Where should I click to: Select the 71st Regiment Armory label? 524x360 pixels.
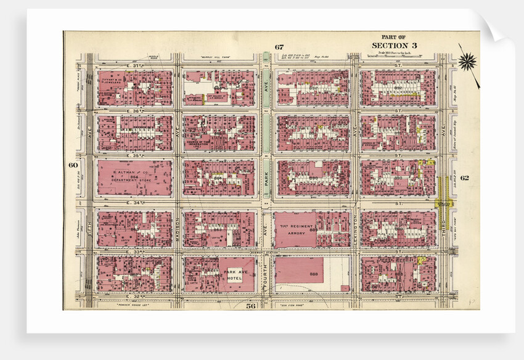pos(297,231)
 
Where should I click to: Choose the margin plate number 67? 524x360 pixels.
pos(279,47)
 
